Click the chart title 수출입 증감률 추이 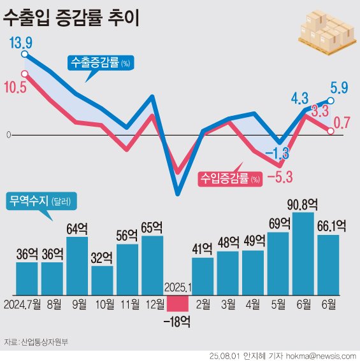tap(71, 17)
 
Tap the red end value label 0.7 tap(342, 123)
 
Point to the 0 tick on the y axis tap(8, 135)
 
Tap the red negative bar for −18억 tap(178, 302)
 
